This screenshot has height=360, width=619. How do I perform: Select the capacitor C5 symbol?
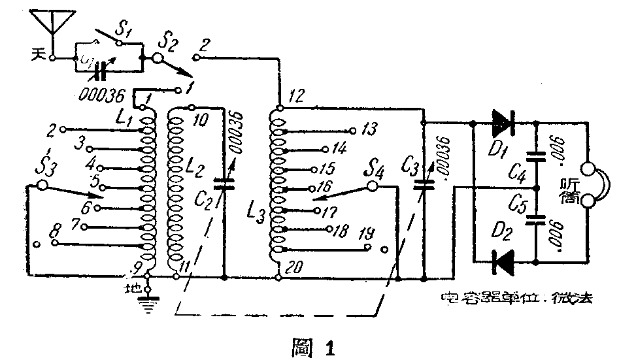point(536,219)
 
